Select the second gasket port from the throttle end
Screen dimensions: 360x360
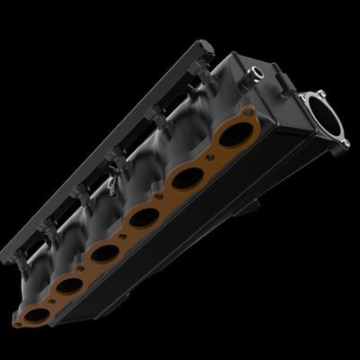[187, 178]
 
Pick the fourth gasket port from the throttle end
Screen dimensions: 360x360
[107, 251]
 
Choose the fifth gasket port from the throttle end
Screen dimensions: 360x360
[71, 285]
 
